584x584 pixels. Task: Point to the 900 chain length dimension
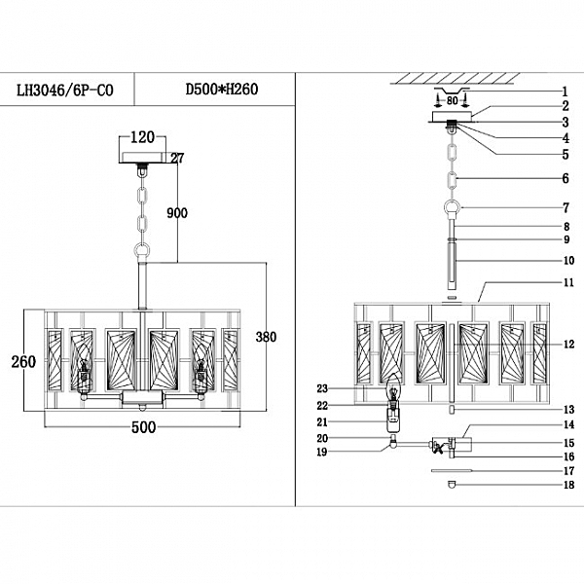pyautogui.click(x=176, y=213)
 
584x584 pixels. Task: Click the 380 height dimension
pyautogui.click(x=265, y=338)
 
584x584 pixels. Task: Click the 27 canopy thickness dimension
pyautogui.click(x=177, y=159)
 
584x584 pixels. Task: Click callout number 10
pyautogui.click(x=566, y=261)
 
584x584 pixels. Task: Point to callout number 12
pyautogui.click(x=566, y=345)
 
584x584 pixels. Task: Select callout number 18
pyautogui.click(x=566, y=484)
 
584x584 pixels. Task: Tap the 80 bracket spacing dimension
pyautogui.click(x=453, y=98)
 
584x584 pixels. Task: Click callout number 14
pyautogui.click(x=566, y=424)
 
